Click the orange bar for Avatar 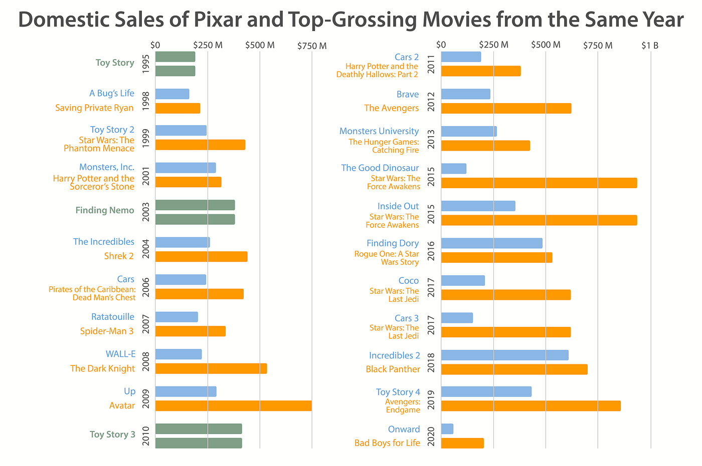(x=233, y=406)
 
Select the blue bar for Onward (x=447, y=429)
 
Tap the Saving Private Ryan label (x=94, y=108)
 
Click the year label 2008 (x=145, y=361)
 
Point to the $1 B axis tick (x=650, y=46)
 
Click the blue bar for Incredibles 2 (x=504, y=355)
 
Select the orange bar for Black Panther (x=514, y=369)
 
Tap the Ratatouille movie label (x=113, y=317)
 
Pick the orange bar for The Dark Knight (x=211, y=368)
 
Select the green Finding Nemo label (x=105, y=210)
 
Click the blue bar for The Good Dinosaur (x=453, y=169)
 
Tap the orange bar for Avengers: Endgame (x=531, y=406)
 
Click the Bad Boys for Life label (x=387, y=443)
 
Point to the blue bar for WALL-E (x=179, y=354)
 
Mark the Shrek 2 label (x=119, y=256)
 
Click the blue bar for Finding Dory (x=491, y=243)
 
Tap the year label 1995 (x=145, y=64)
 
